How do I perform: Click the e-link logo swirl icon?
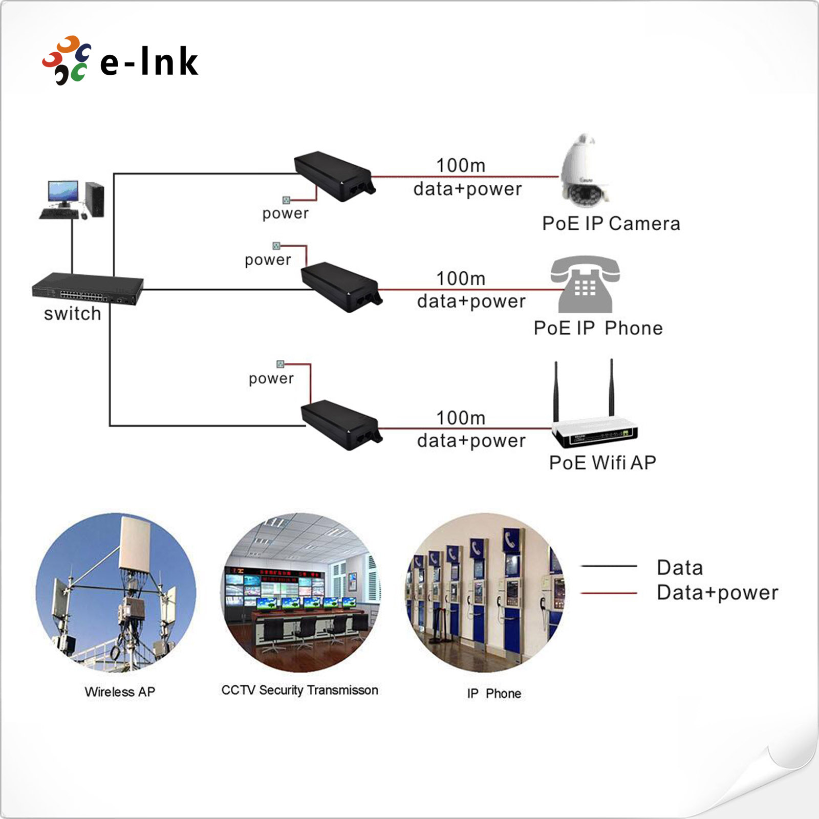(67, 60)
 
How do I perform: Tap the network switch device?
(88, 289)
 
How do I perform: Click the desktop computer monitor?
(63, 192)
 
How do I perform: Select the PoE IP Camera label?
(611, 224)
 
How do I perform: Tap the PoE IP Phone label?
(598, 328)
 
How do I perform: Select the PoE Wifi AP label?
(602, 463)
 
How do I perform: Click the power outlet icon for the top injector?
(287, 200)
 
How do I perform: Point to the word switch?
(72, 314)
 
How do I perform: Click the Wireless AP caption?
(120, 692)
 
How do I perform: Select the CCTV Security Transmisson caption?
(299, 690)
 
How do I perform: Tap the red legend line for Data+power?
(609, 593)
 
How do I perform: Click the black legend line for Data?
(609, 566)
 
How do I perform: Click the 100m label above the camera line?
(461, 165)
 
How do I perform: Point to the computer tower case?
(95, 199)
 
